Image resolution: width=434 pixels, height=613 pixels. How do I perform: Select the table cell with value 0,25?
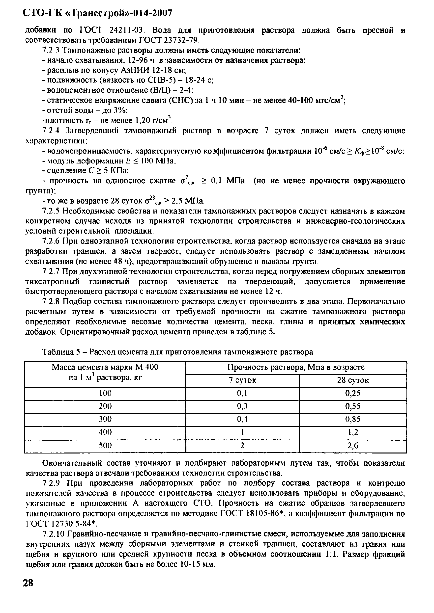[x=353, y=393]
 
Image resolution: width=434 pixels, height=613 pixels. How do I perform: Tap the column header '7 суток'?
[x=242, y=380]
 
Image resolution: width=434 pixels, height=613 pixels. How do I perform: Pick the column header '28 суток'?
[x=353, y=380]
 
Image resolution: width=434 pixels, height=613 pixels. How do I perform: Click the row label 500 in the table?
[x=105, y=445]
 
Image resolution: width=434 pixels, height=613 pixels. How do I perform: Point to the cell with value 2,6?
[x=353, y=445]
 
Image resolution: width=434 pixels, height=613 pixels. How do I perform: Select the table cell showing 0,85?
[x=353, y=419]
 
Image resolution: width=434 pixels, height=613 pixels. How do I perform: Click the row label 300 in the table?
[x=105, y=419]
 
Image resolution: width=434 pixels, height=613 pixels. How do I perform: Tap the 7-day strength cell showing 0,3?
[x=242, y=406]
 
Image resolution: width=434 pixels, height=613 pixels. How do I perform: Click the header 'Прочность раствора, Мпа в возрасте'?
[x=296, y=367]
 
